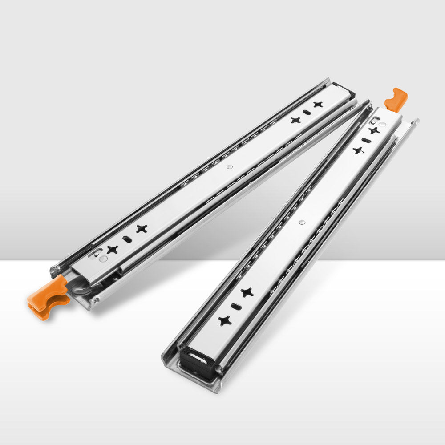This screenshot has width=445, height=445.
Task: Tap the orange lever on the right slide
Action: click(396, 99)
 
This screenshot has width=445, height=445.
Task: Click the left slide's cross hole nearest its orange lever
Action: click(112, 250)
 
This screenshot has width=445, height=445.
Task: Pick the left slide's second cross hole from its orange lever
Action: click(142, 229)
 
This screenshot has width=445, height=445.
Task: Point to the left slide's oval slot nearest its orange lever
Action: click(127, 239)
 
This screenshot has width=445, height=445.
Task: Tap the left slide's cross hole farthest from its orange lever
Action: click(317, 105)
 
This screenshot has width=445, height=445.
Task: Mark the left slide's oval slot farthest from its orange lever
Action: click(306, 112)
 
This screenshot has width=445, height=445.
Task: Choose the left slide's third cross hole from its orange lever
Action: click(295, 120)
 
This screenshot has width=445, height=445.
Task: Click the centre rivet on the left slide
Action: click(229, 166)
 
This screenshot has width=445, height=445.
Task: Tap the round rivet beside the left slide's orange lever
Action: click(103, 258)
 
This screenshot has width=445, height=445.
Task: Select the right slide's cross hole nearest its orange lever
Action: click(374, 130)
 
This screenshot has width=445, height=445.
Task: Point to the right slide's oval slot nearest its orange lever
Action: click(366, 141)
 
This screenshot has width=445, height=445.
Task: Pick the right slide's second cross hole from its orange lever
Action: click(358, 150)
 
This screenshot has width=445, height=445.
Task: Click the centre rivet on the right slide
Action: click(302, 221)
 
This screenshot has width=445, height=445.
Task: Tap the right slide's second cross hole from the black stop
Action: click(247, 292)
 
